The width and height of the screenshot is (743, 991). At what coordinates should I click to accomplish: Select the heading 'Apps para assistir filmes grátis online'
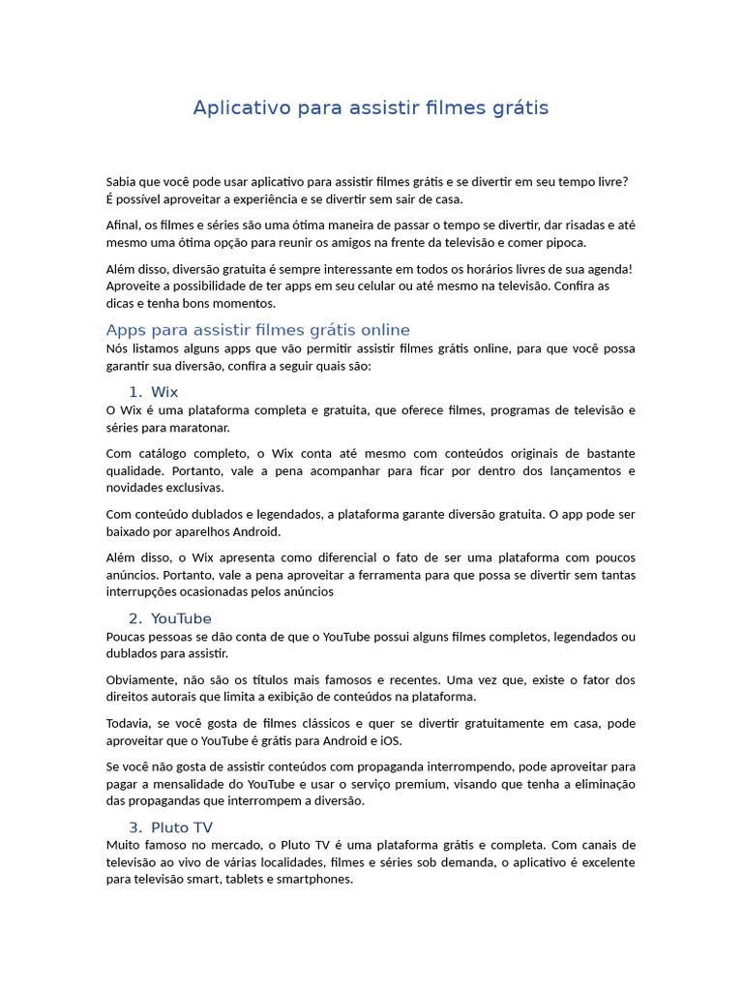[257, 330]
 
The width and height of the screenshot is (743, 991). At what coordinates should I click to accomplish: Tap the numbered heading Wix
[164, 392]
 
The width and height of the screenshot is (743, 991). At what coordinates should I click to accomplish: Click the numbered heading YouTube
[181, 618]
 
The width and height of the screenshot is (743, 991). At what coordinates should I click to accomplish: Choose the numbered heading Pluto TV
[182, 827]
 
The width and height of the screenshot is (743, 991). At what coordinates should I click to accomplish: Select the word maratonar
[198, 427]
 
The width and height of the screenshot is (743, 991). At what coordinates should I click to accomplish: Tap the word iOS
[389, 740]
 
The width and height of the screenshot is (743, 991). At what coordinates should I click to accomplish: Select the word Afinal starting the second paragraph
[123, 225]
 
